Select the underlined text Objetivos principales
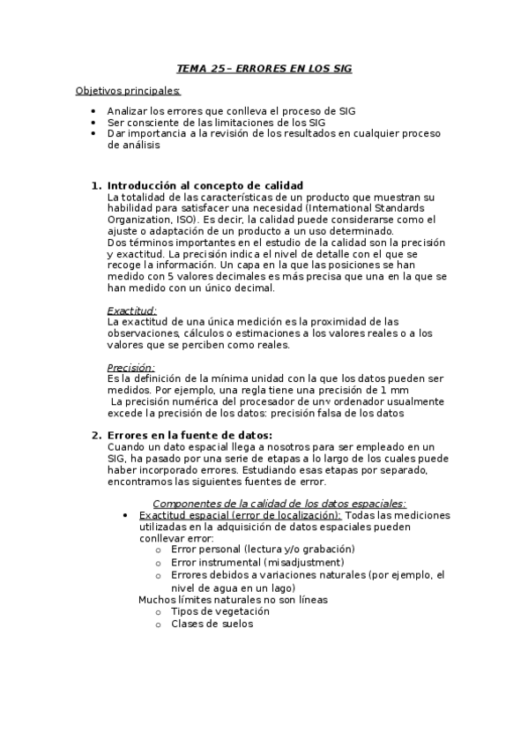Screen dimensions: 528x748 pyautogui.click(x=129, y=90)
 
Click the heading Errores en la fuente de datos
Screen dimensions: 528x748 pyautogui.click(x=190, y=435)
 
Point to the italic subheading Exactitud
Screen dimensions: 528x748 pyautogui.click(x=131, y=310)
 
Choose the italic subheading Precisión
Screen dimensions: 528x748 pyautogui.click(x=130, y=367)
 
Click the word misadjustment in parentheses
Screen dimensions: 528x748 pyautogui.click(x=296, y=562)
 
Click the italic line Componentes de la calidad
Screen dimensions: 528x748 pyautogui.click(x=279, y=504)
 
